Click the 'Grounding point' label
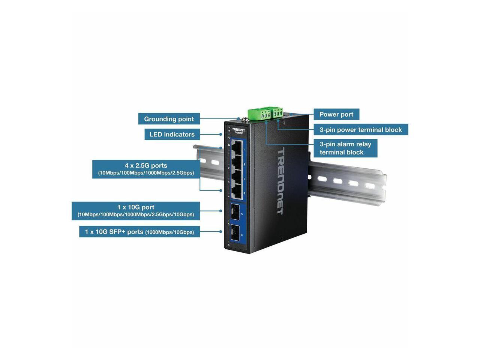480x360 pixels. coord(169,119)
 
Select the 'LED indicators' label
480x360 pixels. coord(172,134)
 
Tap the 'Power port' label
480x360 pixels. coord(336,114)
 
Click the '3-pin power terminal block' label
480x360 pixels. coord(360,130)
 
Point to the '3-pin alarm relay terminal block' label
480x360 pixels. coord(345,148)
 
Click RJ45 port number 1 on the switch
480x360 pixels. coord(237,149)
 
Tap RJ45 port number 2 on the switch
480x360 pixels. coord(237,163)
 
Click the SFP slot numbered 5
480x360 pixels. coord(235,212)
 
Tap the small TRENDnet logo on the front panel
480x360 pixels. coord(238,129)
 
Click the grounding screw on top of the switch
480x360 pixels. coord(242,120)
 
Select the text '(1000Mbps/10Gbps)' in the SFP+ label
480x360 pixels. coord(169,232)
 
